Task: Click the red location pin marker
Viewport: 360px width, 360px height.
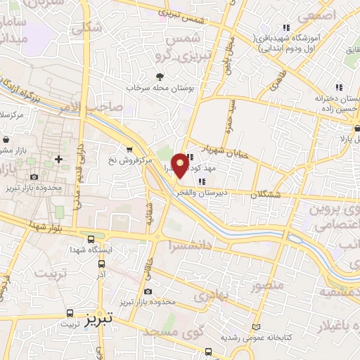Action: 181,165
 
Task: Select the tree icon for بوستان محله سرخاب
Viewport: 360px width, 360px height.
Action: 160,77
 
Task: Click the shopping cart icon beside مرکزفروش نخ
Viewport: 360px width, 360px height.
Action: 129,148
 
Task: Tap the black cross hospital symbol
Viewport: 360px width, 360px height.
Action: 58,159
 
